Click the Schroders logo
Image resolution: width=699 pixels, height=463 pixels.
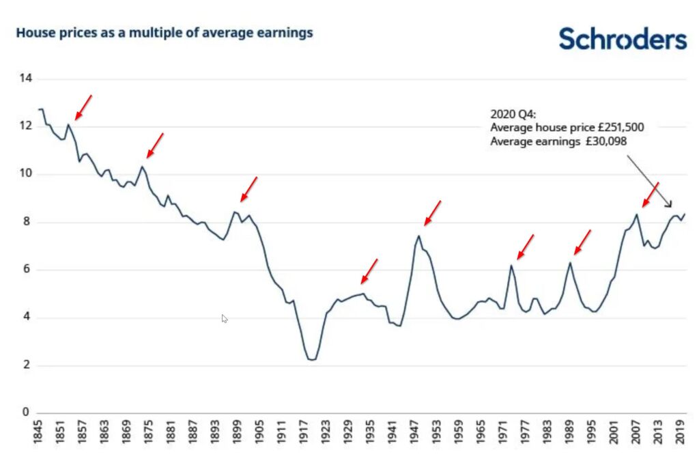(x=623, y=38)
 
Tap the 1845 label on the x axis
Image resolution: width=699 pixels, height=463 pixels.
(x=40, y=432)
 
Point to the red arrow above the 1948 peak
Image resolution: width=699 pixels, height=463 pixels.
(x=433, y=212)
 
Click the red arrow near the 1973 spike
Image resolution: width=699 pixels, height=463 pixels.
(x=525, y=247)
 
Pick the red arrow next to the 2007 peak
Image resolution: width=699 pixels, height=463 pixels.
(x=651, y=195)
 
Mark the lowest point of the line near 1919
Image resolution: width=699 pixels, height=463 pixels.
(x=312, y=359)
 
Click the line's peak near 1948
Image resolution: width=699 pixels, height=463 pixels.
(x=418, y=236)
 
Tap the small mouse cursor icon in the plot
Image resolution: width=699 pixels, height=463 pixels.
(x=225, y=318)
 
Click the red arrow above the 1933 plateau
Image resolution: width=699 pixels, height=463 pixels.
(x=369, y=271)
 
